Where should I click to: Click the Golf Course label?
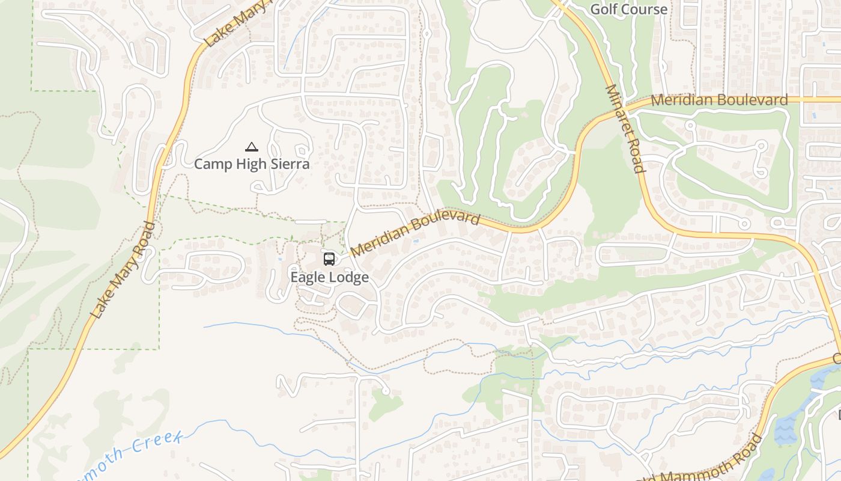(628, 9)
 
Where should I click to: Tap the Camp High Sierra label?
(252, 164)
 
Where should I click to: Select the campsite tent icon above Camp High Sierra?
(251, 147)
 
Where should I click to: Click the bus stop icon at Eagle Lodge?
(329, 259)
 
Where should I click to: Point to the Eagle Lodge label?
(329, 277)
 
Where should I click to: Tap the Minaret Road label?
(625, 129)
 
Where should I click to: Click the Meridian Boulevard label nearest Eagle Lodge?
(415, 233)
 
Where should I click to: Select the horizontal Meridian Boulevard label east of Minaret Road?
(719, 100)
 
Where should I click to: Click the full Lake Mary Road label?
(123, 270)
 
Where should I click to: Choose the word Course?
(645, 9)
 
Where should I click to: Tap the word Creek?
(157, 443)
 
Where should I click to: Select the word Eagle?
(305, 277)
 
